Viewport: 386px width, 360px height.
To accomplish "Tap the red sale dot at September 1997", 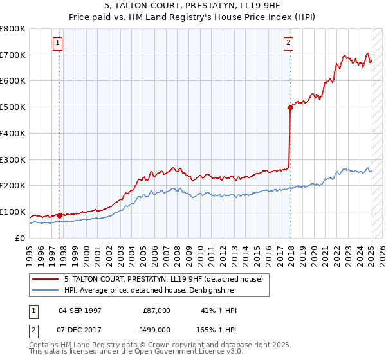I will pos(60,215).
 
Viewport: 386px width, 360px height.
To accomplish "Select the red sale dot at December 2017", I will pos(290,107).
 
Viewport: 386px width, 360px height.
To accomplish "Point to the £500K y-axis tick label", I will pos(13,107).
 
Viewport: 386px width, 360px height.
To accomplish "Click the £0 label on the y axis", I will pos(21,238).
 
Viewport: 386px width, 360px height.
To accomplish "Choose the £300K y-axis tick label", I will pos(13,159).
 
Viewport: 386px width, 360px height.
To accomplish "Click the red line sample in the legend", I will pos(46,279).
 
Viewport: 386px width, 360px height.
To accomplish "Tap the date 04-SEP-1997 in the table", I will pos(80,311).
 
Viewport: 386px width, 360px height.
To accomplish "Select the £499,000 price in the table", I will pos(156,329).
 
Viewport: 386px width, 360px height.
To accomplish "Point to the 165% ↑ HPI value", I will pos(216,329).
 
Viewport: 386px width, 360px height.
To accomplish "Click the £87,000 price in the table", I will pos(156,311).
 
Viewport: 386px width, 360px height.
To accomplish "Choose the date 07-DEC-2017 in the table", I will pos(80,329).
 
